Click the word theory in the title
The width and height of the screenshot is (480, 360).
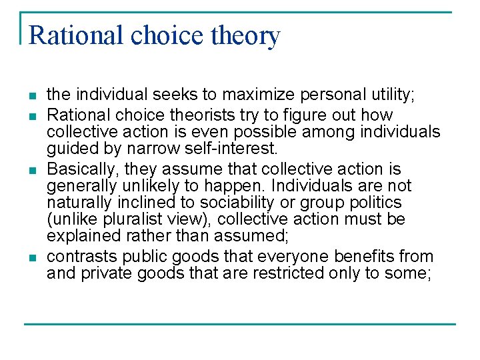click(246, 35)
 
